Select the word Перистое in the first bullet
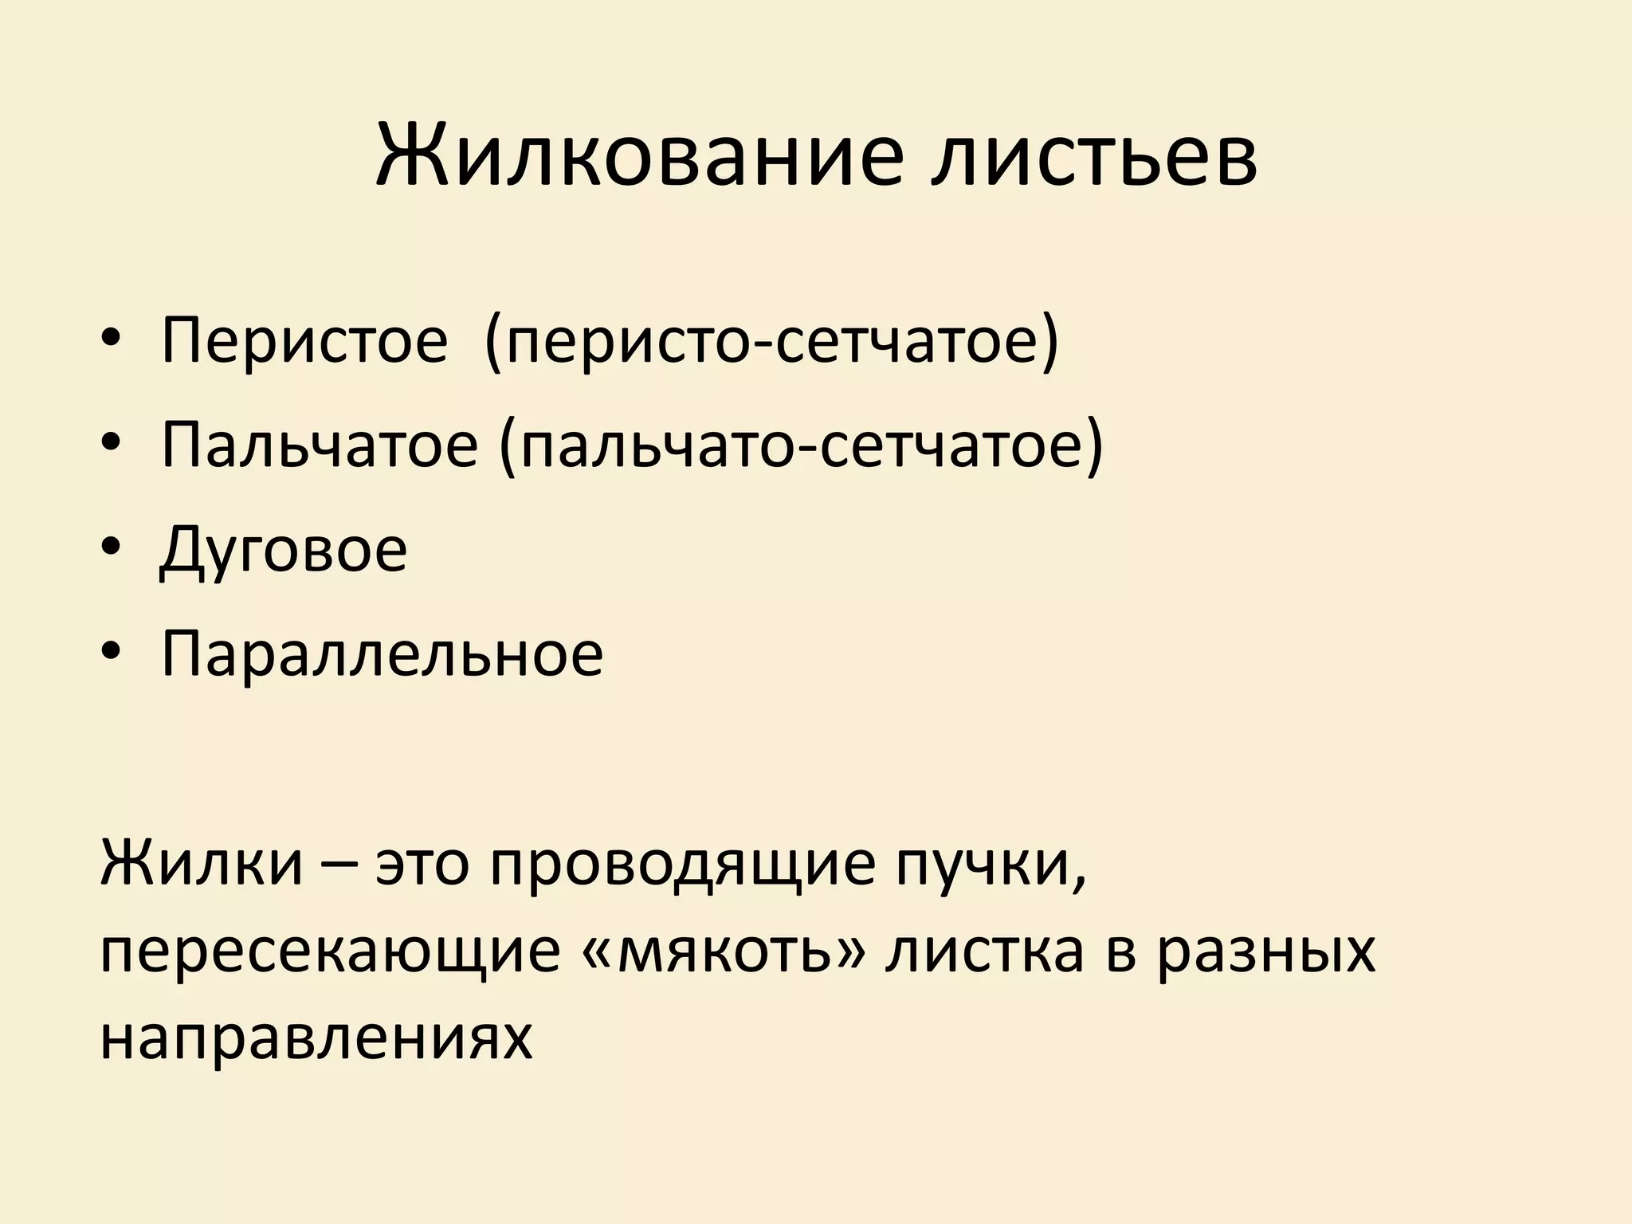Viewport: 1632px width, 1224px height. pyautogui.click(x=304, y=341)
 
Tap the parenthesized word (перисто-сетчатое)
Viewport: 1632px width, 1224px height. pyautogui.click(x=771, y=341)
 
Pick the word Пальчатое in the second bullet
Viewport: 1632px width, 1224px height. pyautogui.click(x=319, y=445)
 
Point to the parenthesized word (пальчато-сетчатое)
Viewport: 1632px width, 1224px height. pyautogui.click(x=801, y=445)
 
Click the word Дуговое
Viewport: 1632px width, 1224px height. pyautogui.click(x=284, y=549)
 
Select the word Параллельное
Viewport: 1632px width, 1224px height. pyautogui.click(x=382, y=653)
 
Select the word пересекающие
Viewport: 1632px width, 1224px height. pyautogui.click(x=331, y=953)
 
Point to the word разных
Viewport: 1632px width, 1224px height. pyautogui.click(x=1267, y=953)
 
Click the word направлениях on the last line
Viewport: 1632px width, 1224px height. pyautogui.click(x=316, y=1038)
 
